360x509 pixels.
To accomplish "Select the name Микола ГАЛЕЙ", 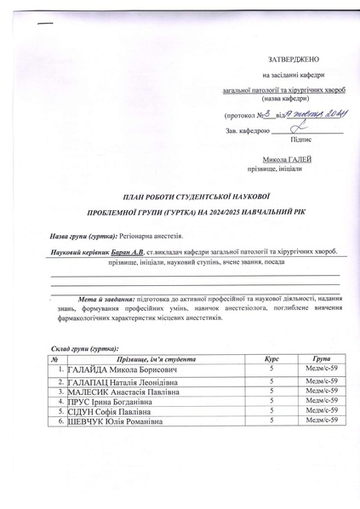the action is pyautogui.click(x=287, y=159).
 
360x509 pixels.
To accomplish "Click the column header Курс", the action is pyautogui.click(x=271, y=361).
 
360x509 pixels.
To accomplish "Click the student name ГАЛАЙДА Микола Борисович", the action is pyautogui.click(x=122, y=372).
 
